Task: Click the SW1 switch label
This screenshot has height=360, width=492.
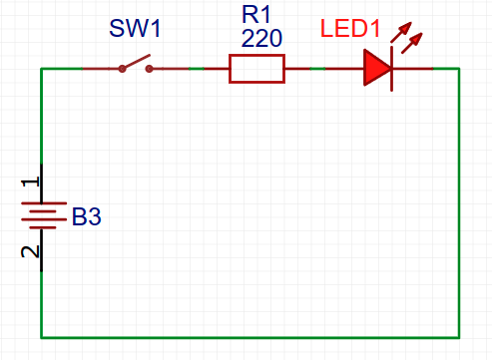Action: click(x=135, y=27)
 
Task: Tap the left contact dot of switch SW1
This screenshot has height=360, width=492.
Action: click(x=122, y=69)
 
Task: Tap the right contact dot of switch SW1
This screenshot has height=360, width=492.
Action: click(x=150, y=69)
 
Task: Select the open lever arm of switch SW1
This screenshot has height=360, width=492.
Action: click(x=136, y=63)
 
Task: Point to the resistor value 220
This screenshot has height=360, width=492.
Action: click(x=260, y=39)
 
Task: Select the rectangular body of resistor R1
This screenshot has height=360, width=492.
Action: click(x=257, y=69)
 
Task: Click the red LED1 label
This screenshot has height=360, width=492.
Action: click(x=351, y=29)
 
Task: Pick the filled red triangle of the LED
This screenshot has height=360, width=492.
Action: click(x=376, y=69)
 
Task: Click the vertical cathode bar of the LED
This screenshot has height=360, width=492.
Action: click(x=391, y=69)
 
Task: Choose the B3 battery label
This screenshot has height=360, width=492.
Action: click(x=86, y=216)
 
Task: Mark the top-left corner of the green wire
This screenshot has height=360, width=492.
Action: click(x=41, y=69)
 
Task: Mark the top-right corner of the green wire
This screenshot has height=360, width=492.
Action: click(x=459, y=69)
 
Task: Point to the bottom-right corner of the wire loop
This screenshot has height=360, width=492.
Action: click(x=459, y=336)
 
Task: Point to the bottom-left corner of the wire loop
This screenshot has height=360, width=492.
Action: click(x=41, y=336)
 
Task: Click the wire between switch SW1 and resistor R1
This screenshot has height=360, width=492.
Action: click(x=195, y=69)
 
